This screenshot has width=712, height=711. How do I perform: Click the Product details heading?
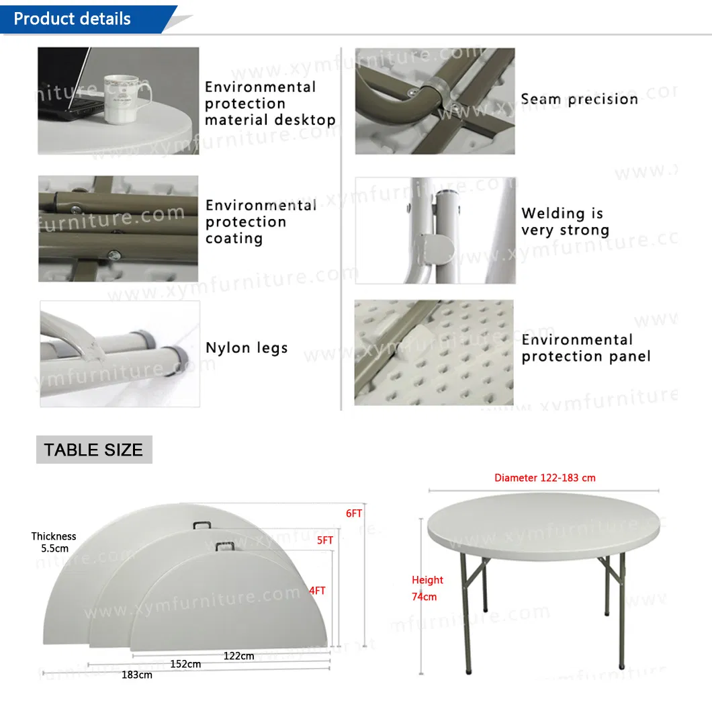point(72,19)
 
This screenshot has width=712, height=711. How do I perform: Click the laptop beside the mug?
point(68,83)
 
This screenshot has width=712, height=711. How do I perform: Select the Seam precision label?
point(579,99)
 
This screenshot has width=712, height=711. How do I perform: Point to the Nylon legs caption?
point(247,348)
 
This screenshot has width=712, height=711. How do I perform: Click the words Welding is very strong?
point(566,222)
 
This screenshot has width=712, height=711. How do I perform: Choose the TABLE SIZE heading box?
point(94,450)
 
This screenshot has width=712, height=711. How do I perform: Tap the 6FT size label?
point(354,513)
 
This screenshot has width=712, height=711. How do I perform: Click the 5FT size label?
point(325,540)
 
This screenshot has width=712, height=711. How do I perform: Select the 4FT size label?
point(317,591)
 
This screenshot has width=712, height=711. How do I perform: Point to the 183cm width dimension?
point(136,675)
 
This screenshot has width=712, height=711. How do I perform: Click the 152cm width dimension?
point(185,664)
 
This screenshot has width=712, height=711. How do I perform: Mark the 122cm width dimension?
point(239,656)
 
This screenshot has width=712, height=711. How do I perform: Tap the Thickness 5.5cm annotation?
point(54,542)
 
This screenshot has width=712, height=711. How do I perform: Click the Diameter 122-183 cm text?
point(545,478)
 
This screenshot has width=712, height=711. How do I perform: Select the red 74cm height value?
point(424,597)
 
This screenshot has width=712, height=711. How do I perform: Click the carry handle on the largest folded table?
point(202,525)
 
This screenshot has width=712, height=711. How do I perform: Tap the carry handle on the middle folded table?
point(225,545)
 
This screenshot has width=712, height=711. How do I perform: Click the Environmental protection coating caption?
point(261,222)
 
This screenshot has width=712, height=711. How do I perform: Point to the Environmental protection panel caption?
point(586,348)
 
